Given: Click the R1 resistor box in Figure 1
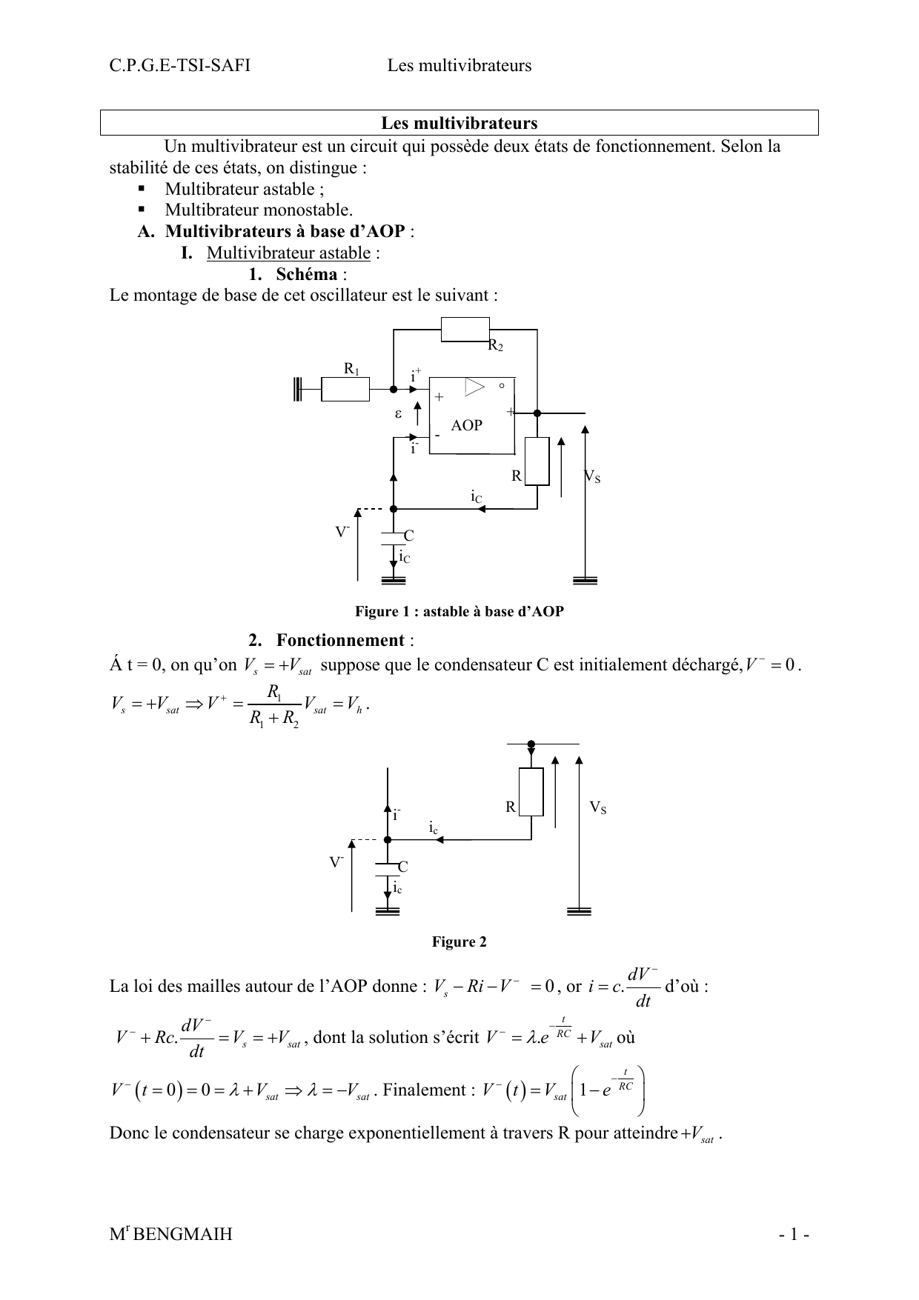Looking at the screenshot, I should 345,389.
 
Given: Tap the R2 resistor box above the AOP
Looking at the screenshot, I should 465,329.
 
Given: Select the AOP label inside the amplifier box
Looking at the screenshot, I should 466,425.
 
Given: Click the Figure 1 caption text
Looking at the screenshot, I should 459,611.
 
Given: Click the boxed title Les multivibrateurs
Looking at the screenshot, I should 459,123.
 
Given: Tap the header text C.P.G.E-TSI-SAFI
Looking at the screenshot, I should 179,66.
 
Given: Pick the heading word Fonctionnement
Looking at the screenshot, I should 340,640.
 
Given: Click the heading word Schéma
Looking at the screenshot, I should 306,274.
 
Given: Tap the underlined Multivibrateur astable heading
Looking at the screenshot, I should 288,253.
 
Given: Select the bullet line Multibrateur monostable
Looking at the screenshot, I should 258,210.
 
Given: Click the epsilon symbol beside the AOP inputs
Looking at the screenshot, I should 398,414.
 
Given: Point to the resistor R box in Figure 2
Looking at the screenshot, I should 531,792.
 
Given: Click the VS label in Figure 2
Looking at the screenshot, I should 597,807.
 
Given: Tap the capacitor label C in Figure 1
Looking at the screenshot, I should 408,536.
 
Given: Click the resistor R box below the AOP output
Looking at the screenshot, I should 537,461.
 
